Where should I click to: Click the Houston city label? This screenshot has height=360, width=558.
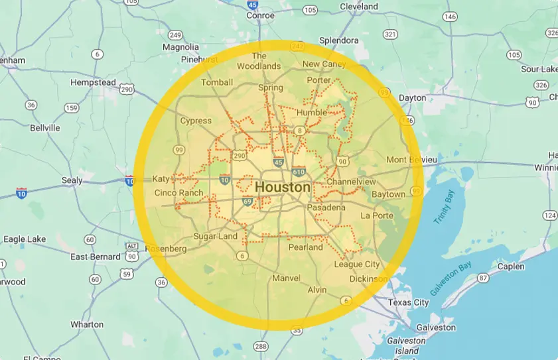(x=282, y=188)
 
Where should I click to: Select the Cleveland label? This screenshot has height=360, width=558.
(x=358, y=7)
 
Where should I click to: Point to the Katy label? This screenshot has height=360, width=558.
(x=161, y=179)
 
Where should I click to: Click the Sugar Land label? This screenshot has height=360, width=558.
(x=215, y=237)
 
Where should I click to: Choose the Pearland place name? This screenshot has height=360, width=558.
(x=305, y=247)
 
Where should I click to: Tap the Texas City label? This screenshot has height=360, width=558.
(x=408, y=302)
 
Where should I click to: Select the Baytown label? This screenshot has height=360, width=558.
(x=388, y=195)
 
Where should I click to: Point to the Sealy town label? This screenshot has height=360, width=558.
(x=72, y=180)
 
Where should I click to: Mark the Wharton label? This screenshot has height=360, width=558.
(x=87, y=325)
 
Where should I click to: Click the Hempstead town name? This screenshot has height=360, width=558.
(x=94, y=83)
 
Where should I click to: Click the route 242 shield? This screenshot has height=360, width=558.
(x=297, y=46)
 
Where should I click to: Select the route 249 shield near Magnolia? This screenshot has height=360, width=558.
(x=175, y=34)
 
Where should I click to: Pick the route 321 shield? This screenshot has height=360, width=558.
(x=391, y=34)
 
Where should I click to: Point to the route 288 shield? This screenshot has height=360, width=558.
(x=261, y=346)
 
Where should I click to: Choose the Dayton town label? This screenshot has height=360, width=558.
(x=412, y=97)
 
